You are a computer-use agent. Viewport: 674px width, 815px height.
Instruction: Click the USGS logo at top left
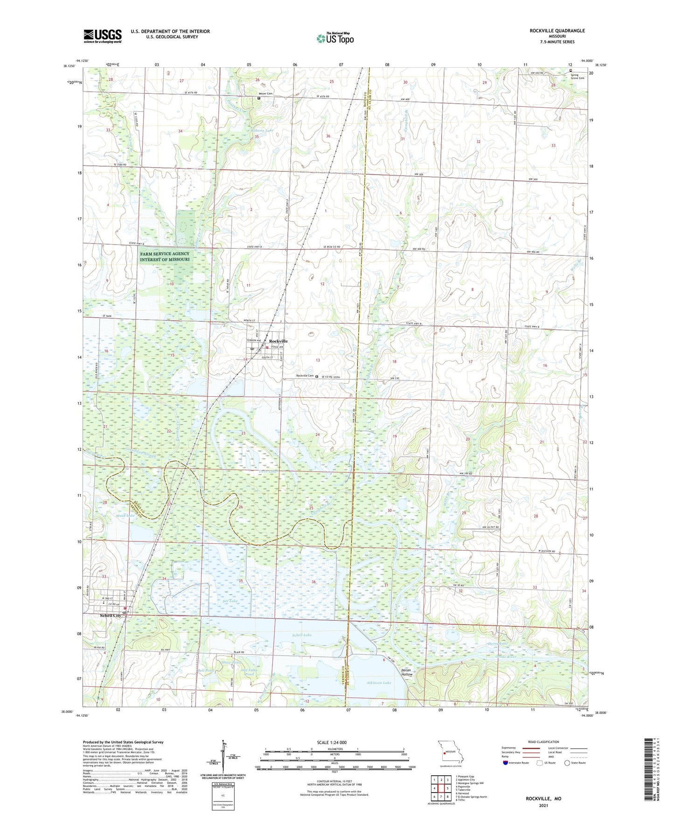pyautogui.click(x=103, y=36)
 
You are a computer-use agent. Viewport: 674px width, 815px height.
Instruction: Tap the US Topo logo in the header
pyautogui.click(x=335, y=38)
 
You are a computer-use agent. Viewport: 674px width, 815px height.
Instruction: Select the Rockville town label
pyautogui.click(x=278, y=341)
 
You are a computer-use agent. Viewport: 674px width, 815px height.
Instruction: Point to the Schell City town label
pyautogui.click(x=111, y=616)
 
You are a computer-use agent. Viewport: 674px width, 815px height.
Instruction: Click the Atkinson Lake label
pyautogui.click(x=378, y=682)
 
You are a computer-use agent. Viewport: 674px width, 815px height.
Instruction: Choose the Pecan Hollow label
pyautogui.click(x=407, y=672)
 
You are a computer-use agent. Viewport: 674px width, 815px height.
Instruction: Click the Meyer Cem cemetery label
pyautogui.click(x=266, y=94)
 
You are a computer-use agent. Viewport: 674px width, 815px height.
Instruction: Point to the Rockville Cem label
pyautogui.click(x=305, y=376)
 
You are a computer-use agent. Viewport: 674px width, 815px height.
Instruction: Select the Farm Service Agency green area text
pyautogui.click(x=165, y=257)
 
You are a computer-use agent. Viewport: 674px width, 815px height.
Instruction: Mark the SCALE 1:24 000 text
pyautogui.click(x=332, y=742)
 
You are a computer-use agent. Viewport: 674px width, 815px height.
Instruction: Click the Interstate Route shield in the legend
pyautogui.click(x=506, y=763)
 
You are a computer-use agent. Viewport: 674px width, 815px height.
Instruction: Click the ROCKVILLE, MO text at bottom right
pyautogui.click(x=543, y=799)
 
